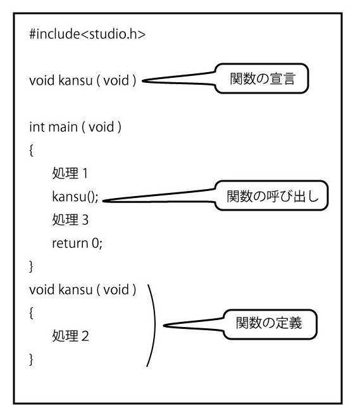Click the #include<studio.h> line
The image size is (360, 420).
point(87,34)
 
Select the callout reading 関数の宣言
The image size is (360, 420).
point(262,78)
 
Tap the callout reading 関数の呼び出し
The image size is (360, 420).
point(271,195)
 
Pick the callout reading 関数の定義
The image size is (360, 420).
point(270,324)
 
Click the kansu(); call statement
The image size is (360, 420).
point(75,197)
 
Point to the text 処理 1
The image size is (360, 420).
point(70,173)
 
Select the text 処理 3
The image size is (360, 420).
point(70,219)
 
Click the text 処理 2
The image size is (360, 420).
point(70,336)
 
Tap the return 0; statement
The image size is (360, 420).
point(77,244)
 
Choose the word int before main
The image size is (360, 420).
point(37,127)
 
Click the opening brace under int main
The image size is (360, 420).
point(31,151)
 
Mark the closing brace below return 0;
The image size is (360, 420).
point(31,266)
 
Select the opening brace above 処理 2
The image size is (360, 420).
point(31,313)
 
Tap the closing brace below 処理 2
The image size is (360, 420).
point(31,359)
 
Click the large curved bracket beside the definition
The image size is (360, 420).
point(155,326)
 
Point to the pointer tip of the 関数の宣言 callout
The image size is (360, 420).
point(142,80)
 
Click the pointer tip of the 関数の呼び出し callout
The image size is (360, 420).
point(103,201)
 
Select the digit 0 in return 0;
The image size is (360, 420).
point(96,244)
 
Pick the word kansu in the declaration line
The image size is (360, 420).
point(75,80)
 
